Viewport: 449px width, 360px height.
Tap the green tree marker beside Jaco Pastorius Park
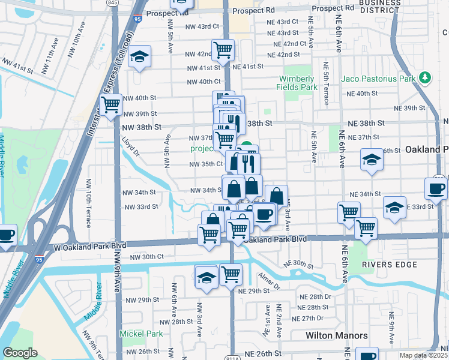click(426, 77)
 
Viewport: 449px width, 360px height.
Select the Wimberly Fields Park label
click(296, 83)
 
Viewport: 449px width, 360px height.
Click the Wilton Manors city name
click(332, 336)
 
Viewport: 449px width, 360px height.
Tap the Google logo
click(20, 353)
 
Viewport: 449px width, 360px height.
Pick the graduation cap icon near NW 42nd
click(140, 57)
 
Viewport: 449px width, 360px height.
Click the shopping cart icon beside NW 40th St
click(111, 105)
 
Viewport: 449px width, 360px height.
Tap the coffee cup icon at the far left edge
click(5, 234)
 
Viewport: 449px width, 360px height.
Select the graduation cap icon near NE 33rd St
click(394, 207)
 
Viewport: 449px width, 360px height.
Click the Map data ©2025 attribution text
click(423, 355)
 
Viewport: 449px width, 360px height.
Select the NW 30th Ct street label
click(146, 257)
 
